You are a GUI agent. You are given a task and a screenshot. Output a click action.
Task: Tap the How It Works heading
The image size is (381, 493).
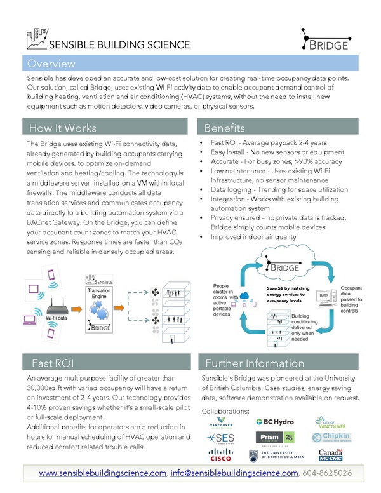[x=62, y=127]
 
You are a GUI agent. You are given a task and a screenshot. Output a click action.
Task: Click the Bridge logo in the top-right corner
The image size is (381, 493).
[x=324, y=39]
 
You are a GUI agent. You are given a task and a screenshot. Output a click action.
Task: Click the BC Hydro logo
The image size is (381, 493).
[x=276, y=421]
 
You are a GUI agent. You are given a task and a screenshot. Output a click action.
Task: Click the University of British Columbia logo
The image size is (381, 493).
[x=276, y=455]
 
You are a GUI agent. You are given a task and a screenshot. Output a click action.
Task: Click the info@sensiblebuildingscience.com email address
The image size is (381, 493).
[x=234, y=474]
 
